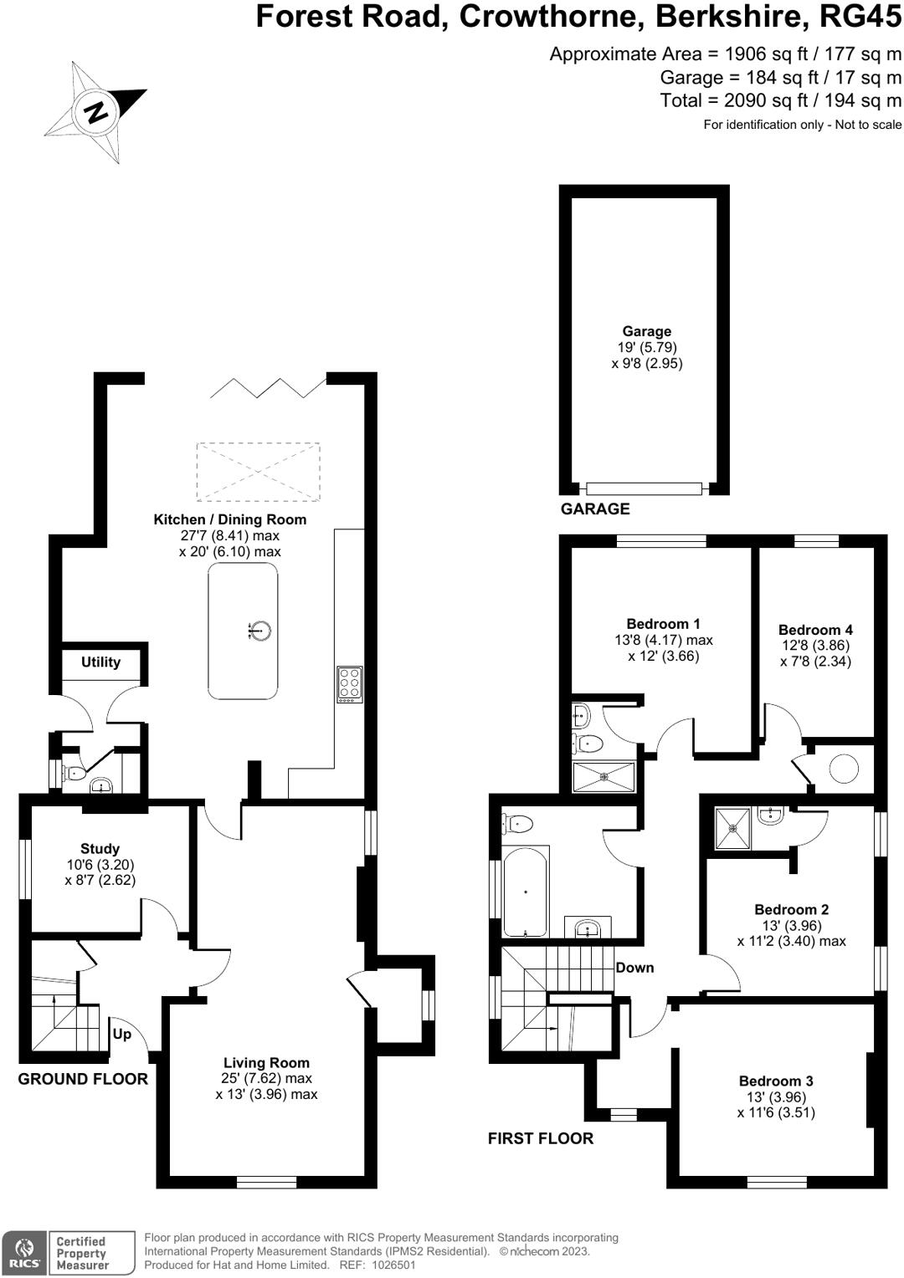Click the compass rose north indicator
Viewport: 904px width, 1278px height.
point(95,111)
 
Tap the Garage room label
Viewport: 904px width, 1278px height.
point(646,331)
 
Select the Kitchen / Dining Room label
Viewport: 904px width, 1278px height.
point(229,519)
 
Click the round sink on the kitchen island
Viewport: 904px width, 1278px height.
point(261,631)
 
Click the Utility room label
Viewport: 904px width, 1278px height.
point(100,662)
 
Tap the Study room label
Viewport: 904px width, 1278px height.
point(100,849)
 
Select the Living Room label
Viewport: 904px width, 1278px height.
point(266,1063)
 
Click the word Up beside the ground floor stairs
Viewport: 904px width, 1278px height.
point(121,1034)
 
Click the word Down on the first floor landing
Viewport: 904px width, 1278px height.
point(634,968)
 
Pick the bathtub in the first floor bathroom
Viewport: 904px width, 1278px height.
point(526,892)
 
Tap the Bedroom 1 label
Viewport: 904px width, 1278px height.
point(663,624)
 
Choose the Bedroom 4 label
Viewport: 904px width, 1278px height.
point(814,630)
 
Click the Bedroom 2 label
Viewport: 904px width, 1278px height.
point(791,909)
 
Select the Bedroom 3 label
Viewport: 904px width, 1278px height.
point(775,1081)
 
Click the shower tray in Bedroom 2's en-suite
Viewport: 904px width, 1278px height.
point(732,828)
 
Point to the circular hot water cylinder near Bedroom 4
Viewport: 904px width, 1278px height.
point(843,769)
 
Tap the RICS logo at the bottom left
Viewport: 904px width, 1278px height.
point(24,1253)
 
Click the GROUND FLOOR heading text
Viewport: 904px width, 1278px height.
point(83,1079)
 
